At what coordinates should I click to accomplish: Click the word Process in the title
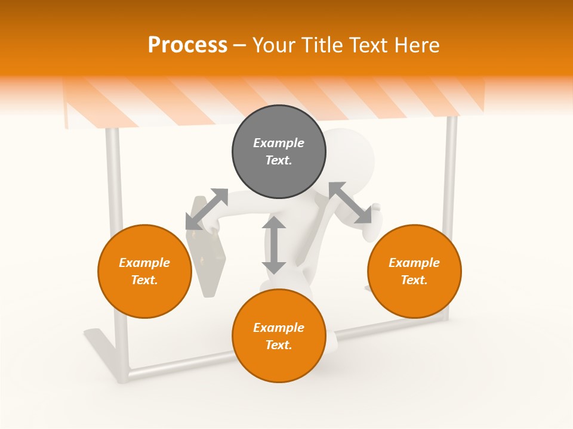click(x=187, y=45)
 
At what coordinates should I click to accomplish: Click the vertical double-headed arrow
click(x=274, y=245)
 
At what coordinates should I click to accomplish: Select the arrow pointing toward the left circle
click(x=207, y=209)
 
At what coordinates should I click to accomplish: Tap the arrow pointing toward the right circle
click(x=350, y=203)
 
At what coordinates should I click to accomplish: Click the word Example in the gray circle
click(x=279, y=143)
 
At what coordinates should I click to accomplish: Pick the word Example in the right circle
click(x=414, y=263)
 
